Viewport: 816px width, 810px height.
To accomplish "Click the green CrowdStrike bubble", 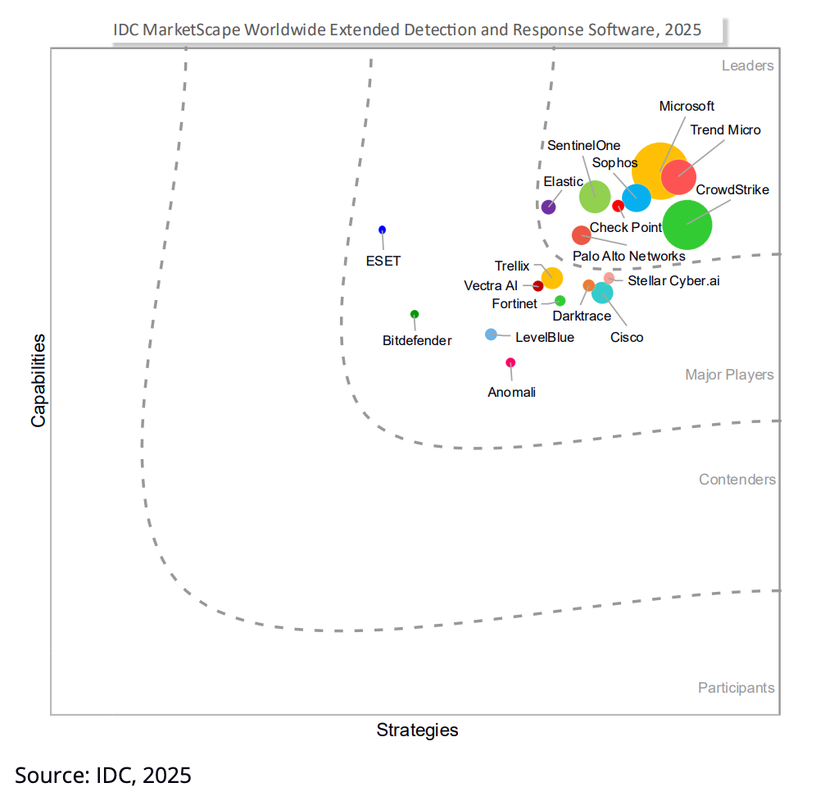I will (x=687, y=225).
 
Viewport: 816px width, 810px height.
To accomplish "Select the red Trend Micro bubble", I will (x=679, y=176).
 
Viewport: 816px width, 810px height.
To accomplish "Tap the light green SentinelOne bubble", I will (x=595, y=197).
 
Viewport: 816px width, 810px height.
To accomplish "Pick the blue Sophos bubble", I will (x=637, y=198).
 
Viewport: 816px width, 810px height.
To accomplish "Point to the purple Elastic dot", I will (x=549, y=207).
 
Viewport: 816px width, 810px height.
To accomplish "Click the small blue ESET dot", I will (x=382, y=230).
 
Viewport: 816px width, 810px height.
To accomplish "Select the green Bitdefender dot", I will (x=415, y=314).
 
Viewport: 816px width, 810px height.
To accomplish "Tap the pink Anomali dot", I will (x=510, y=362).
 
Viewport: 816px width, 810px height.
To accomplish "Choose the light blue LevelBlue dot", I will (x=491, y=334).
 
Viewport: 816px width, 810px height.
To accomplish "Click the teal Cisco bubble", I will (x=602, y=292).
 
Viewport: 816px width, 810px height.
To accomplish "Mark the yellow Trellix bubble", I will (x=552, y=277).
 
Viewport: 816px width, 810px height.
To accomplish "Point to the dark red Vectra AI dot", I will (x=538, y=286).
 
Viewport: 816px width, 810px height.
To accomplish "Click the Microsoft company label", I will (x=687, y=107).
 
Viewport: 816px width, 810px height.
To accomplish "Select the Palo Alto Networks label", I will (x=628, y=256).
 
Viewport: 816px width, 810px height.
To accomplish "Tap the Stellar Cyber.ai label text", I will (x=673, y=280).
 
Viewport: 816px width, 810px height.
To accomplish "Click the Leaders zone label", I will (x=747, y=66).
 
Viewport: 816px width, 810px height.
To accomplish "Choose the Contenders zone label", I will (x=737, y=480).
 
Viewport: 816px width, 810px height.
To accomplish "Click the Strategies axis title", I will (x=417, y=730).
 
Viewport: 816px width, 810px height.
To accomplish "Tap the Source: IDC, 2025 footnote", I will (x=103, y=775).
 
